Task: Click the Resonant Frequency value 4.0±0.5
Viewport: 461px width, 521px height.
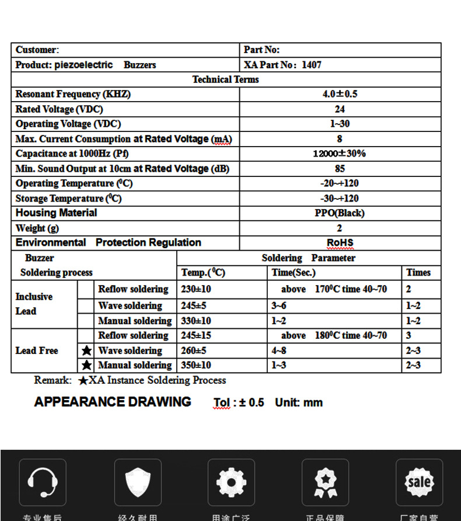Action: tap(340, 94)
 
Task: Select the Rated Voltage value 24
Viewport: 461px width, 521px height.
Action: tap(340, 109)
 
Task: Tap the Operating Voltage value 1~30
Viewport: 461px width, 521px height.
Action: tap(340, 124)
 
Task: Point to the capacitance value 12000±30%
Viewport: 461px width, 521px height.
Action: tap(340, 154)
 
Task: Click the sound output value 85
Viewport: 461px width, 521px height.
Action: tap(340, 169)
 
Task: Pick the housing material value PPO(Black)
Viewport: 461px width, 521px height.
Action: tap(340, 213)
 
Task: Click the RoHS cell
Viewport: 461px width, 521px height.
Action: tap(340, 243)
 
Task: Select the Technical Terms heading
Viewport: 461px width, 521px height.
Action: tap(225, 79)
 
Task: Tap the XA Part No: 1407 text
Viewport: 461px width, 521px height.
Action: tap(282, 65)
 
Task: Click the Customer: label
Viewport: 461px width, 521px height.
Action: tap(37, 50)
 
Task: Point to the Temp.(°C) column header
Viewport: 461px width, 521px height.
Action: tap(203, 273)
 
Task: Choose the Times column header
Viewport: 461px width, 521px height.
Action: tap(418, 273)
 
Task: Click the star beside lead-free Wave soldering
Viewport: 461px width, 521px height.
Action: tap(86, 350)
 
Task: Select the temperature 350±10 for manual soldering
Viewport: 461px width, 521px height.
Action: tap(196, 365)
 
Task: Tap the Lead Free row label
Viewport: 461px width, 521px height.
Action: tap(37, 350)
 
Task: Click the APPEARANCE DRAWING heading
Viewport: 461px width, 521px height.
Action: tap(113, 402)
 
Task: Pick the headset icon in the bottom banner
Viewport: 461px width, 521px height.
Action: tap(43, 482)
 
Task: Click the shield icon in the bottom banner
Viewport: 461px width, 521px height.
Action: tap(138, 482)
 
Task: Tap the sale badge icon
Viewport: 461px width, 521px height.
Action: tap(419, 482)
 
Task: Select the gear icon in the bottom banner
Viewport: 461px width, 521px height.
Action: tap(231, 482)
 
